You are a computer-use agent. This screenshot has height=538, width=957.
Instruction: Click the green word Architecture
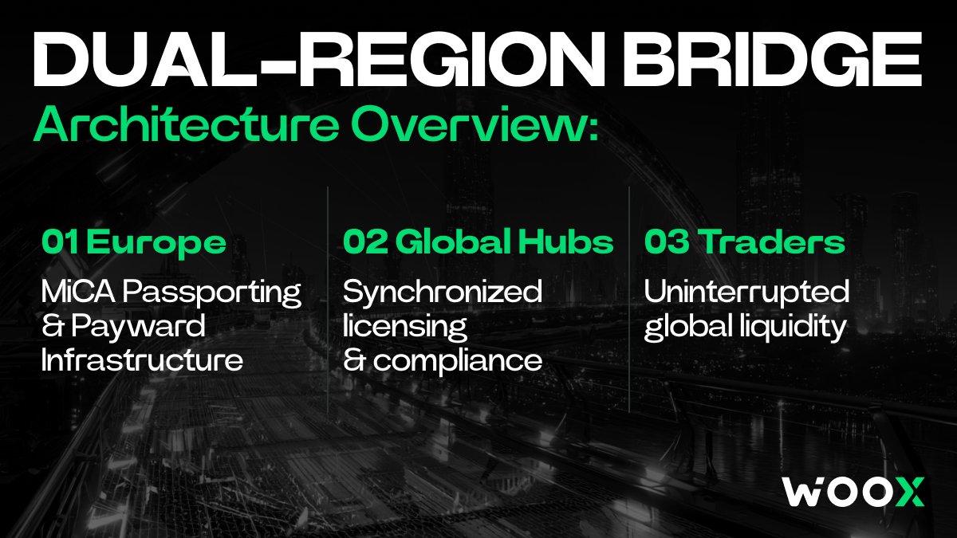coord(187,124)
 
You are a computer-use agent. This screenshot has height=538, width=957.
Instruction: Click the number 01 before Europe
coord(61,242)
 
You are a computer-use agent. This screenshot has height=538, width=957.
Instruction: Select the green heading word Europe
coord(156,243)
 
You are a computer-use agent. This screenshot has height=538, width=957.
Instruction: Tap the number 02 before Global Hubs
coord(365,242)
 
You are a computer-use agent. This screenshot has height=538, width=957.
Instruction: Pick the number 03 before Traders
coord(667,242)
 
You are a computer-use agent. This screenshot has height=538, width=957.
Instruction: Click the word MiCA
coord(78,291)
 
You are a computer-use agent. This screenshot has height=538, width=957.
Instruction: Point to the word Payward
coord(138,328)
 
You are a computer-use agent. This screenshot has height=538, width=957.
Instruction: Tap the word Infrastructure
coord(142,359)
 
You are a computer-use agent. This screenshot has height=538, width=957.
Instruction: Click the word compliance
coord(458,361)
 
